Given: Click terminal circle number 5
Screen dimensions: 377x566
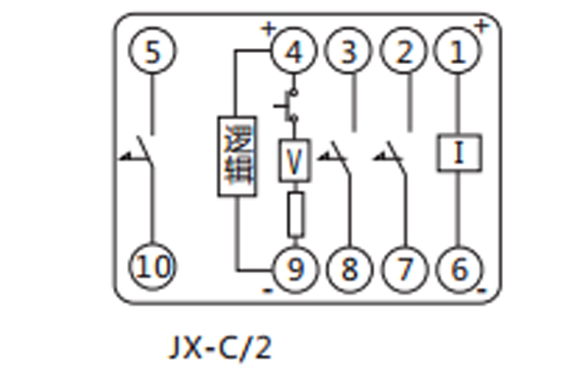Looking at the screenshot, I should click(x=154, y=52).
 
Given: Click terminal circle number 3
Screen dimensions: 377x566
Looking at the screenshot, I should click(x=349, y=52).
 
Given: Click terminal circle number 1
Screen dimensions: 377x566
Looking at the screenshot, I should click(x=458, y=52).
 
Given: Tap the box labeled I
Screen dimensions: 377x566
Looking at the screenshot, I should click(x=458, y=153).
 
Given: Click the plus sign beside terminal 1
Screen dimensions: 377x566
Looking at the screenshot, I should click(x=481, y=25).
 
